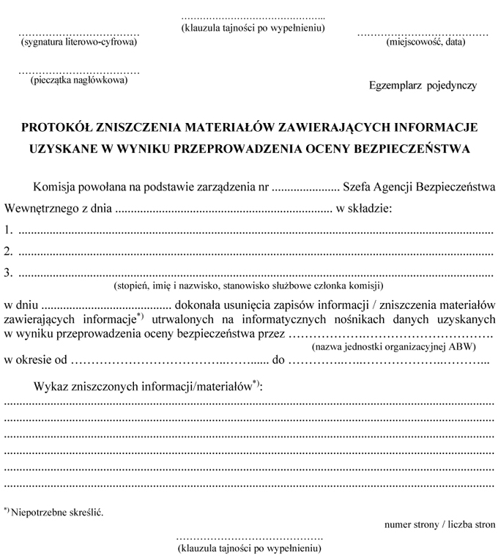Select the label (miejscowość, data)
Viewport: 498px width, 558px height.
click(425, 42)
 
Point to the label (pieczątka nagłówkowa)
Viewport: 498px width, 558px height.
click(79, 80)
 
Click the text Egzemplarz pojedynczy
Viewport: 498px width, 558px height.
click(423, 85)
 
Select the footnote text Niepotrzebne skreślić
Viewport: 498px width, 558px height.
click(57, 511)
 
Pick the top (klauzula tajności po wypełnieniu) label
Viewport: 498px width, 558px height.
click(253, 28)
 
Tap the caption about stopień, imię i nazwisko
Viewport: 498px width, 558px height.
click(249, 286)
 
